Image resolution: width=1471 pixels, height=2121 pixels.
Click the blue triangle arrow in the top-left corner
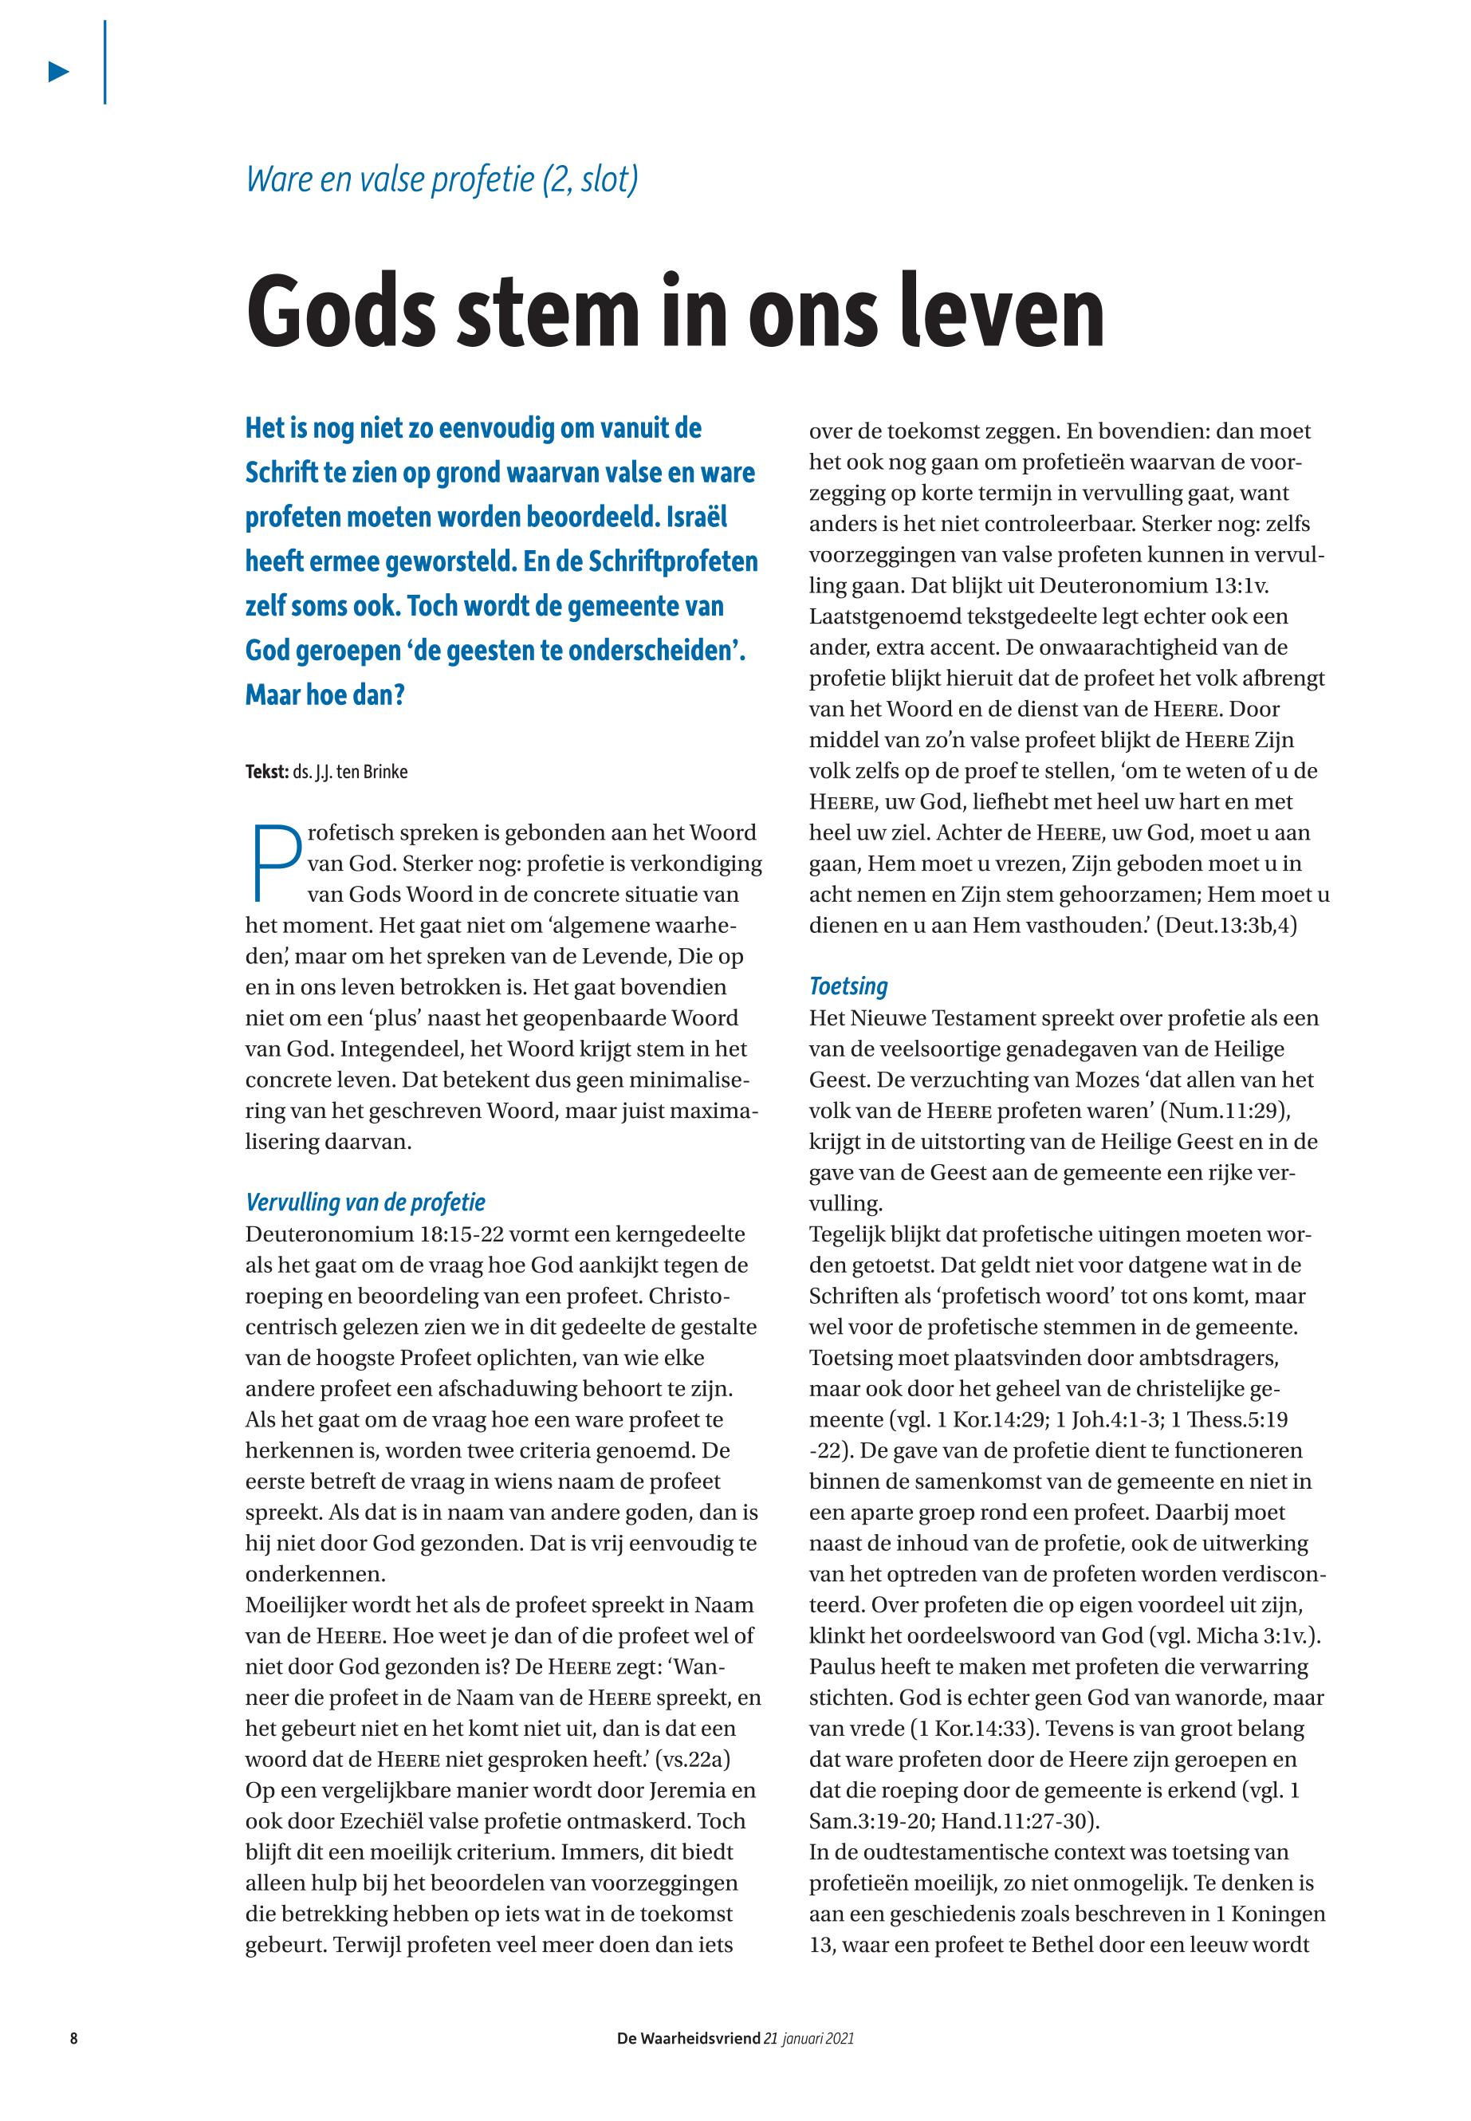59,72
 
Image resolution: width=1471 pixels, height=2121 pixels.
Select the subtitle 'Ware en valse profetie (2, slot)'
442,178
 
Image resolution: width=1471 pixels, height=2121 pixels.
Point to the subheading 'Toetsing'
848,986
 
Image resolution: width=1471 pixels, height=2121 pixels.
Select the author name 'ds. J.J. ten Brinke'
350,772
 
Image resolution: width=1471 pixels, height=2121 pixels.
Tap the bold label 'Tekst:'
266,772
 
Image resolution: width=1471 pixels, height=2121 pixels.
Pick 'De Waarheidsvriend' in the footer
689,2038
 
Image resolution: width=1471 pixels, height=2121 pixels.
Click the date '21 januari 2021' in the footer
809,2038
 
